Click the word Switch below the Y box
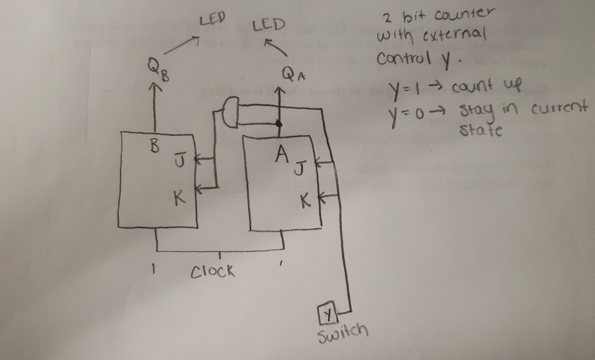point(344,333)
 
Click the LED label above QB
point(211,19)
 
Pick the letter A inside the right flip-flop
point(280,154)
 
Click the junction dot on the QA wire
point(278,123)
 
